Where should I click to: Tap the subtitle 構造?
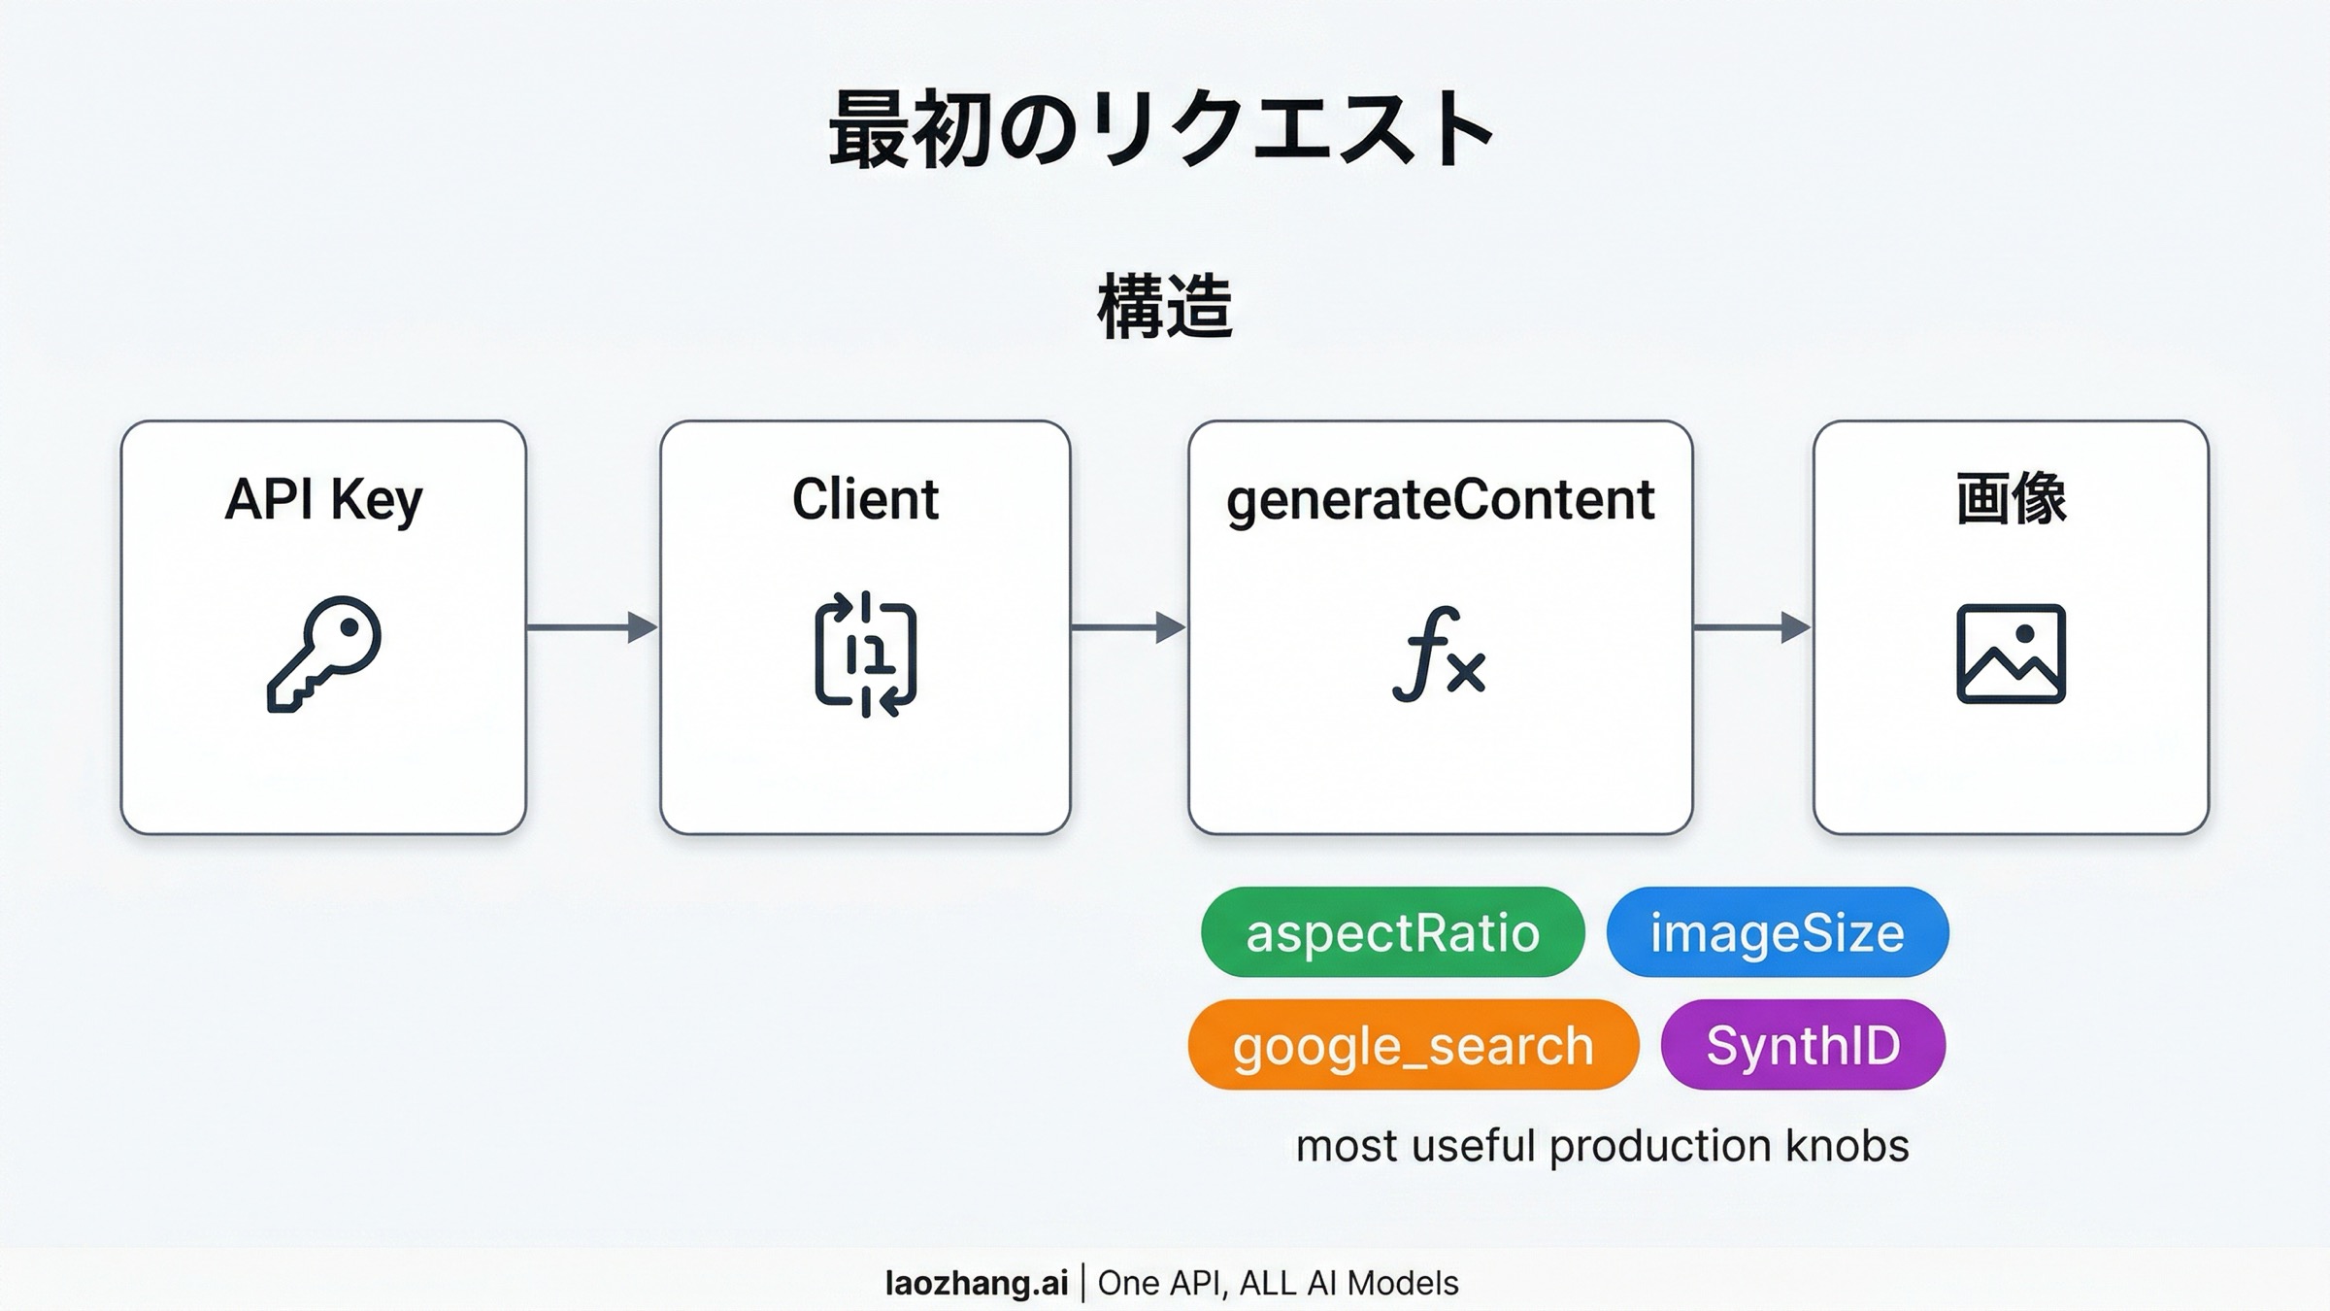pos(1165,306)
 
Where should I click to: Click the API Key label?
pos(323,499)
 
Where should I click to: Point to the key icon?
pos(324,654)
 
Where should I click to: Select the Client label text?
pos(865,499)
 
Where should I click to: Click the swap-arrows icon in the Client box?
pos(865,654)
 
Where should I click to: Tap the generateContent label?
pos(1440,499)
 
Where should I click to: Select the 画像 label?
pos(2011,499)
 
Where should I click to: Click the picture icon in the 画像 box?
pos(2011,654)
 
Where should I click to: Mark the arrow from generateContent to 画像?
pos(1751,627)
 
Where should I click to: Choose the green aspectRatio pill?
pos(1392,932)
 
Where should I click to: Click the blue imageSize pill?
pos(1777,932)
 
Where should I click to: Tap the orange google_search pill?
pos(1413,1045)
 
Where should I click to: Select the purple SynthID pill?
pos(1803,1045)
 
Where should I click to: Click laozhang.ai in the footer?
pos(976,1283)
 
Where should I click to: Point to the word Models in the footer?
pos(1403,1283)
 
